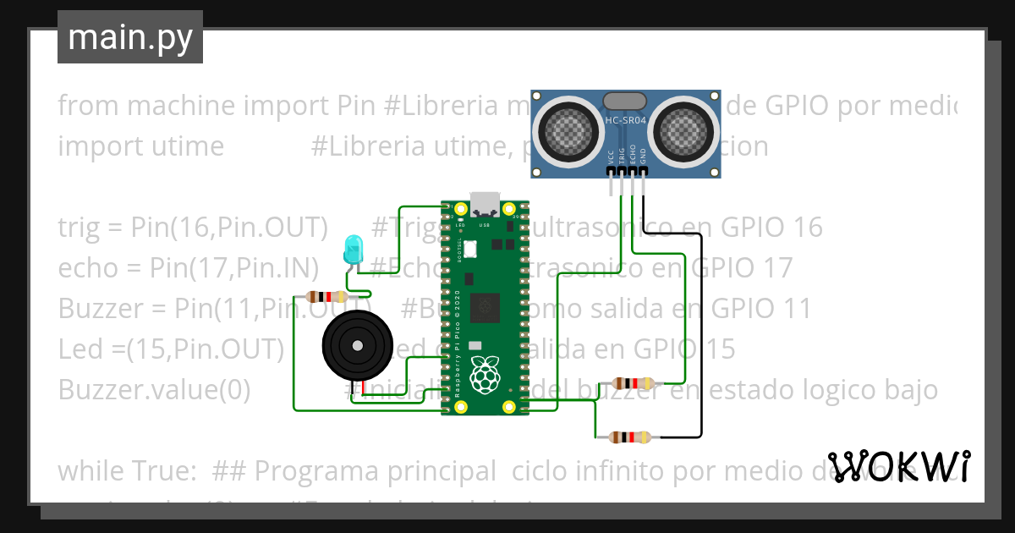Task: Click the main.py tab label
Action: [129, 37]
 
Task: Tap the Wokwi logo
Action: [898, 466]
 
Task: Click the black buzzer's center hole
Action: [358, 345]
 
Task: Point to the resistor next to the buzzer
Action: [326, 296]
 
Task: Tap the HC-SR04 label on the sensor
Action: [626, 121]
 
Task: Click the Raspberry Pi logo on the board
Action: [486, 374]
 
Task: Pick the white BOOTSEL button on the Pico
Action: [470, 249]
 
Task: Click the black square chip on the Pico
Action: [486, 307]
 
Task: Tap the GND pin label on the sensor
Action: [643, 157]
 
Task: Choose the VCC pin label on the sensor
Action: [611, 157]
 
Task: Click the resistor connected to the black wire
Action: [628, 437]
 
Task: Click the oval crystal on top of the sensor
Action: [626, 101]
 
